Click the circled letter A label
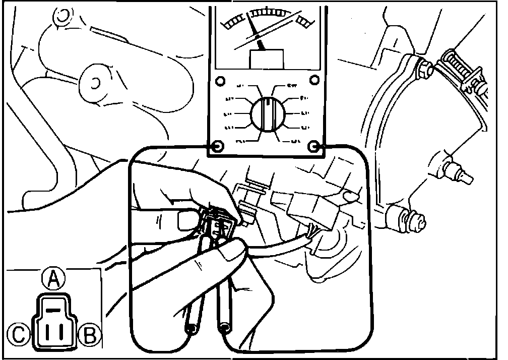tap(53, 278)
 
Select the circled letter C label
tap(18, 334)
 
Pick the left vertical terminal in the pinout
tap(48, 332)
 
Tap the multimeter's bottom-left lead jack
tap(217, 147)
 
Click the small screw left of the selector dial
tap(219, 81)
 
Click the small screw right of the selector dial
tap(314, 80)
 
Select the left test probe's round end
tap(192, 329)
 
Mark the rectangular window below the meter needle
tap(267, 58)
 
